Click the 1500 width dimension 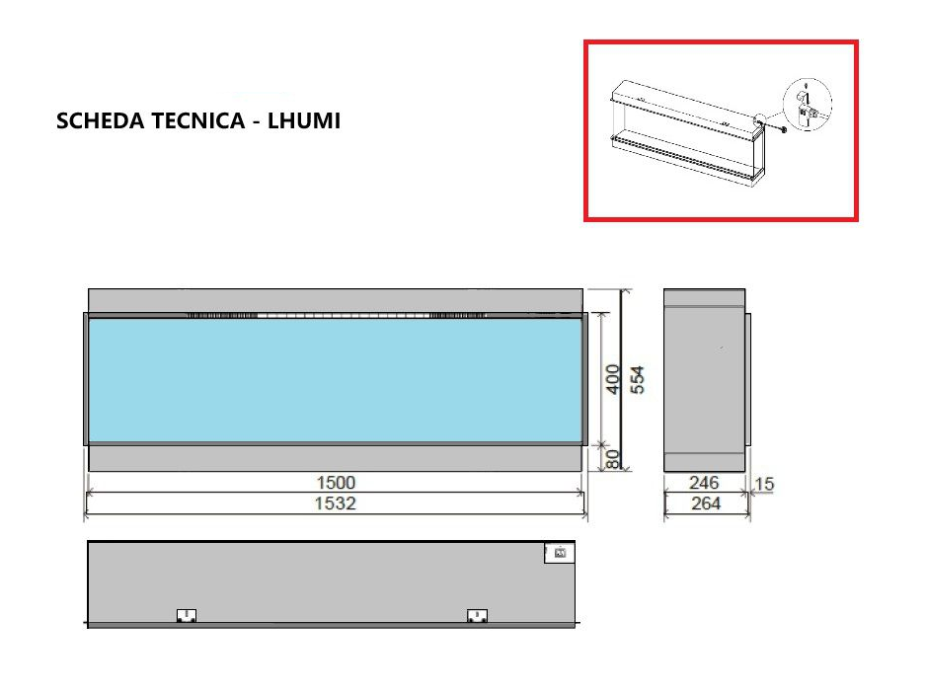336,483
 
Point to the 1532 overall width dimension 336,503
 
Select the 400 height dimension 612,379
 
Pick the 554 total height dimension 638,379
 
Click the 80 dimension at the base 612,459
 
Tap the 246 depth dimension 704,483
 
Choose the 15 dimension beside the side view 765,484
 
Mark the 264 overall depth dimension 706,503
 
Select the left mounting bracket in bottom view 186,616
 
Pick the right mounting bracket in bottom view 477,616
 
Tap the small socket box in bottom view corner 559,554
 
